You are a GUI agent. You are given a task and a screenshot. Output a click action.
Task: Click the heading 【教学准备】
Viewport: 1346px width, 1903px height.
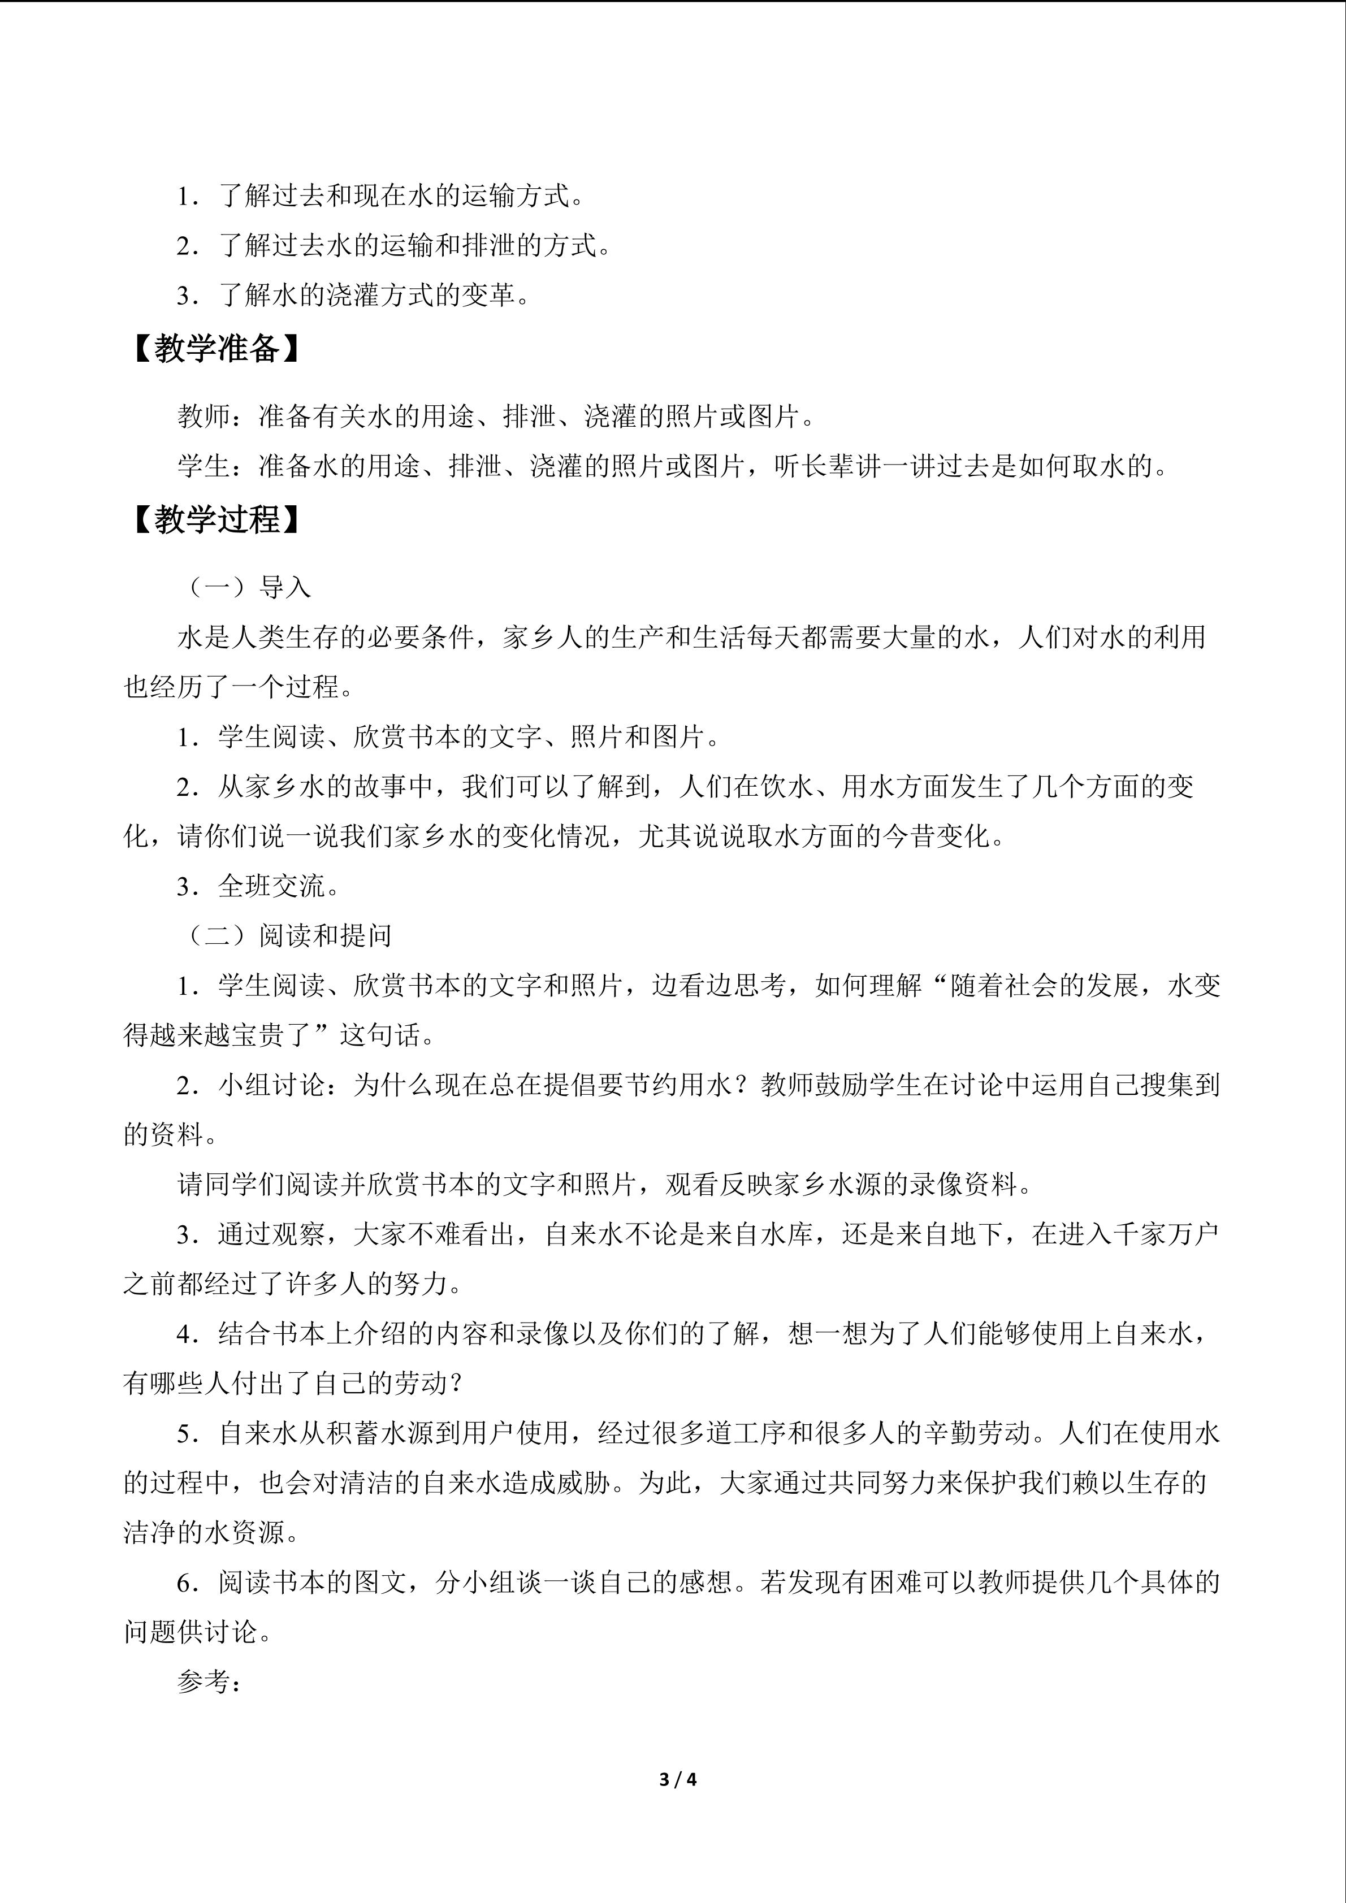217,349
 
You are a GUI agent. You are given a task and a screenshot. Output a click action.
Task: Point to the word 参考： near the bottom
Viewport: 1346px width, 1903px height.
209,1681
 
